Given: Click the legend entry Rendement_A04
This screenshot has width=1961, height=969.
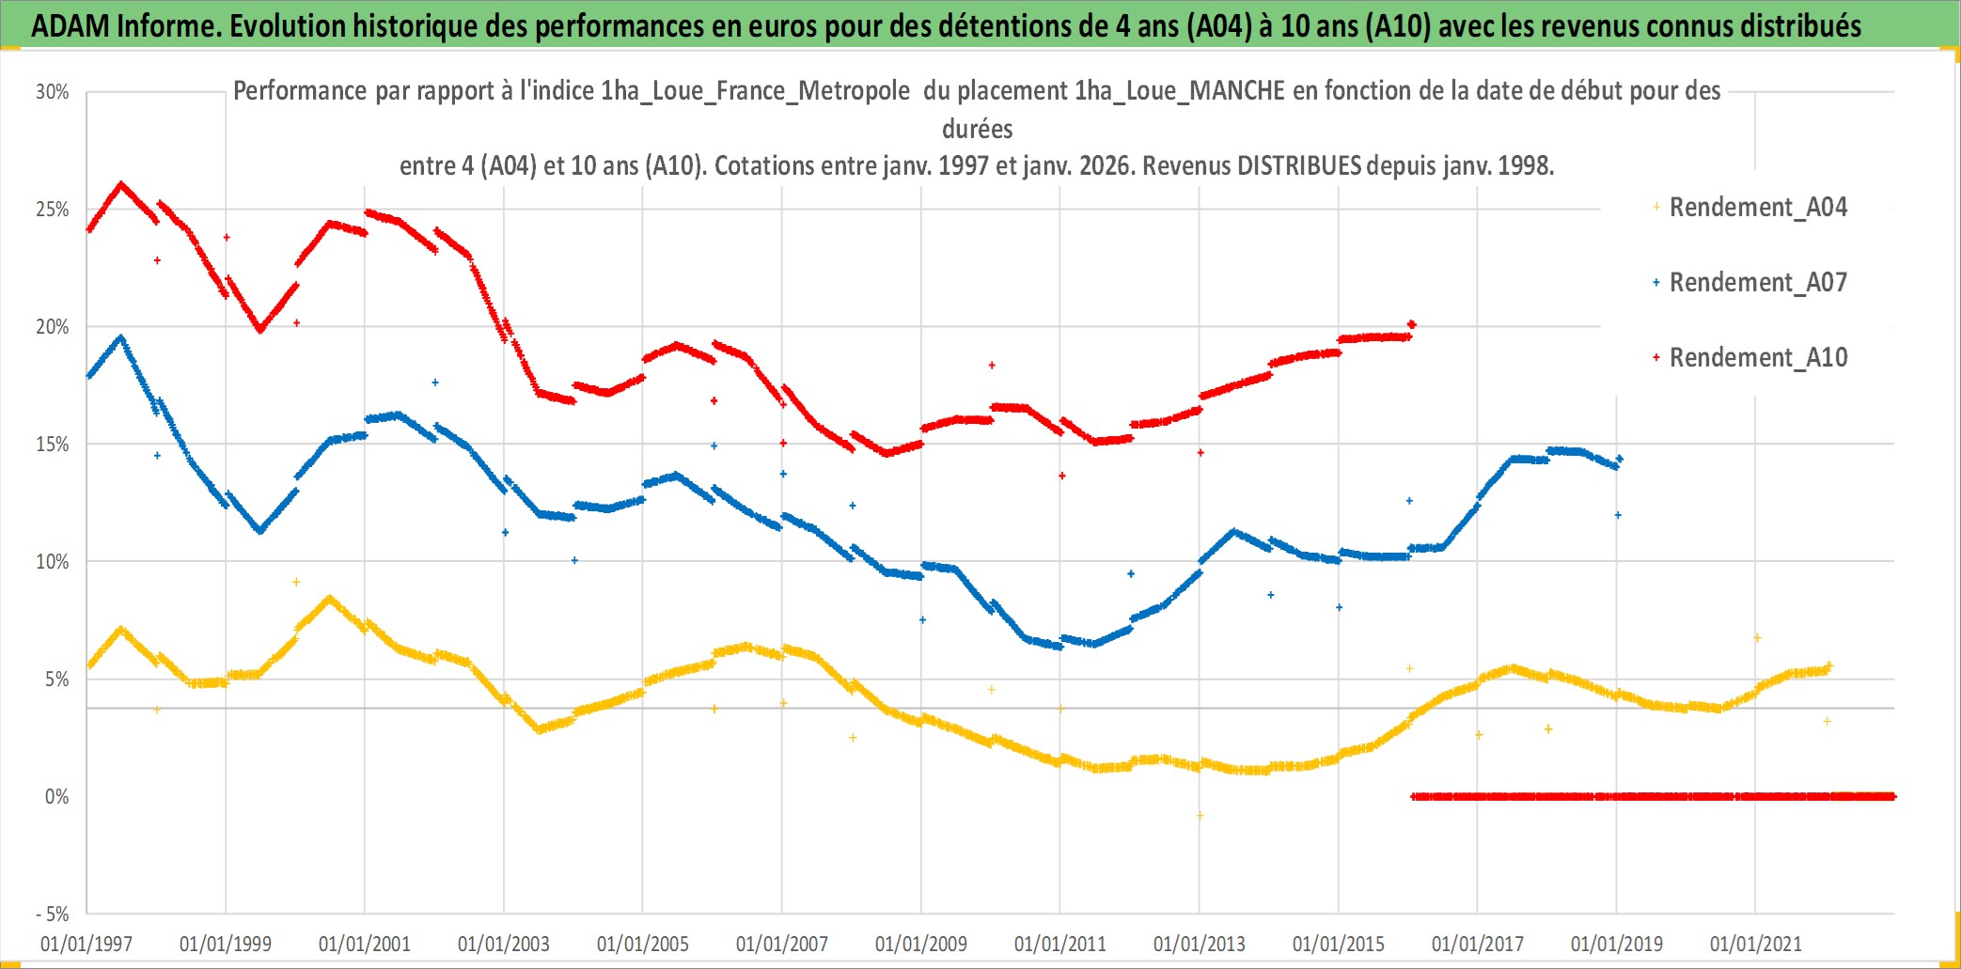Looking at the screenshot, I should point(1757,207).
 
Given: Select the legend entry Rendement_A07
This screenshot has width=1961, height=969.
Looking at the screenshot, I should point(1757,282).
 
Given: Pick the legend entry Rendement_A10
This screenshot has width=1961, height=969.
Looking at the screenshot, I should point(1757,357).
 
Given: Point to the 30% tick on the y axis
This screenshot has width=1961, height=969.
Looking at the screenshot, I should point(53,92).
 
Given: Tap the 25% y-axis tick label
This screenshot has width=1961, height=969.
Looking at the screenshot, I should point(53,210).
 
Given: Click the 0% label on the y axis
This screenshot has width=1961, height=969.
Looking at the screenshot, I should point(56,797).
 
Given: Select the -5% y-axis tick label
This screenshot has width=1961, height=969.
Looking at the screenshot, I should point(53,914).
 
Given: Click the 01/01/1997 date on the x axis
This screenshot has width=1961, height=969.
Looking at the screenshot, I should point(86,944).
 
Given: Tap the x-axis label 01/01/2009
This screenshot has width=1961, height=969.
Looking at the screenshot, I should point(921,944).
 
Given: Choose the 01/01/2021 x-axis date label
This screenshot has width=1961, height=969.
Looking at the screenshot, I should point(1755,944).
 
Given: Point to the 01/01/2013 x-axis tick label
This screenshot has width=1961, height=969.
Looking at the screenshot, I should point(1200,944).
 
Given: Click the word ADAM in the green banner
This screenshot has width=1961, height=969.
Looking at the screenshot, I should point(71,26).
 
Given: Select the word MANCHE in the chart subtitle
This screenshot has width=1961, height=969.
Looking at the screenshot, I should point(1237,91).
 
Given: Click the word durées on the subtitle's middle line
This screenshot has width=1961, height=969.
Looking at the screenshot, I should point(978,129).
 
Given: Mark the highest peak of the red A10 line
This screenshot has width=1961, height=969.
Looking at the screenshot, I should point(121,183).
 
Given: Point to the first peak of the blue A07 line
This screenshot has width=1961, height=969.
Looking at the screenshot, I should point(121,336).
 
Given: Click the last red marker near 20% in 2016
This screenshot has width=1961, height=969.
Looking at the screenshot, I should point(1411,324).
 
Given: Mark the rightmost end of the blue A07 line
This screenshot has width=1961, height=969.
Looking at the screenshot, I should point(1620,459).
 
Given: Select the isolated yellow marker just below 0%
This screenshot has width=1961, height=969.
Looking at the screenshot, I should point(1200,816).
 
